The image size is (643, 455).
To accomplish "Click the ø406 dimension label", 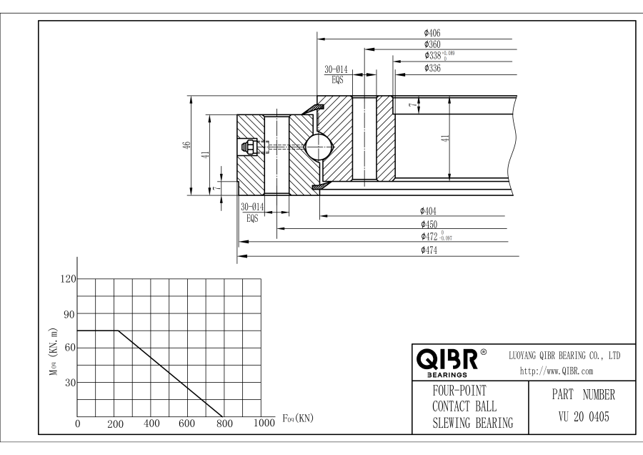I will [431, 33].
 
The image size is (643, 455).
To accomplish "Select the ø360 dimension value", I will [431, 44].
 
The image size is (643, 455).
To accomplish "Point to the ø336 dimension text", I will [432, 68].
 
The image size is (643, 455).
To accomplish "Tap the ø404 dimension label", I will [429, 211].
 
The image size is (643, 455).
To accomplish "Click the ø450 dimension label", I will [429, 224].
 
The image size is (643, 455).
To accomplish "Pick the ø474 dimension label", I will [429, 250].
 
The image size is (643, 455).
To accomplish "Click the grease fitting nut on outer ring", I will [250, 147].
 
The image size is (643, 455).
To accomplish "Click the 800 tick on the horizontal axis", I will [224, 424].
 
